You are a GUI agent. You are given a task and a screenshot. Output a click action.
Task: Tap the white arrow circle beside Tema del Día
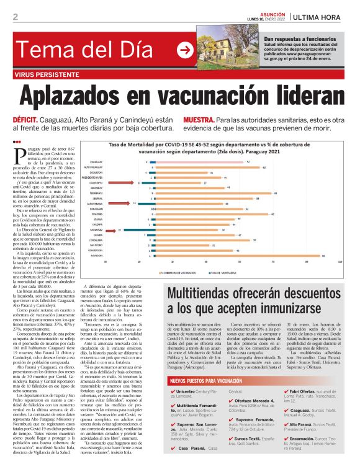coord(184,50)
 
